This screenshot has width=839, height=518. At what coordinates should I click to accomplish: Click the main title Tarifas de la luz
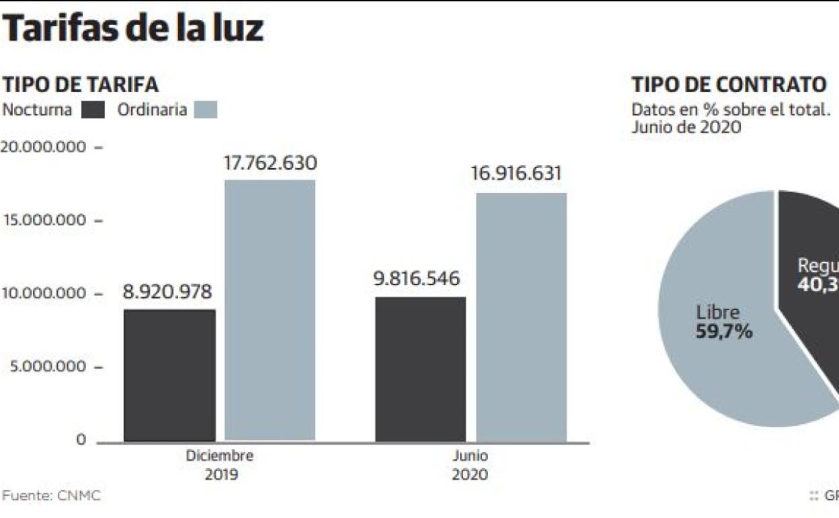click(133, 29)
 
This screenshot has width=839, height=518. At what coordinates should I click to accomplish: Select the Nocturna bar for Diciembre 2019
click(170, 375)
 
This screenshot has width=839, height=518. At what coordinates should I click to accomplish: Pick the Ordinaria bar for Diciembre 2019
click(270, 311)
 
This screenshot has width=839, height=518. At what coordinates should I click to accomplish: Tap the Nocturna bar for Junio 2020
click(420, 369)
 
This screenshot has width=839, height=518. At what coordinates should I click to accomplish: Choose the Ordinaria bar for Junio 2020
click(522, 318)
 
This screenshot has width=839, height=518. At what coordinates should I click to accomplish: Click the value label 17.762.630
click(270, 163)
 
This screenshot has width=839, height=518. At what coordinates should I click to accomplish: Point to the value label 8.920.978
click(167, 293)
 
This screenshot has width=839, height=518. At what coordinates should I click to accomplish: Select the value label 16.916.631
click(516, 174)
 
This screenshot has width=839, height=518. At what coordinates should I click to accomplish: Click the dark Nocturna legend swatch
click(93, 110)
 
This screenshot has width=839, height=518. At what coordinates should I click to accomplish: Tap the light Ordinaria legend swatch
click(206, 110)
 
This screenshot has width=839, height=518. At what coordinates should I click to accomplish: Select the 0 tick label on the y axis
click(81, 440)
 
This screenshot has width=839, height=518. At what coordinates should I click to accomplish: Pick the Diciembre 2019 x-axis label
click(220, 465)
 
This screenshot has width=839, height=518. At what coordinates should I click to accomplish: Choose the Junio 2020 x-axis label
click(470, 465)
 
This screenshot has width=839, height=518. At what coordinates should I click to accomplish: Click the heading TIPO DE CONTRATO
click(729, 85)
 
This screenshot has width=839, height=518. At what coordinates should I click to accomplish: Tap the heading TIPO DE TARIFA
click(80, 85)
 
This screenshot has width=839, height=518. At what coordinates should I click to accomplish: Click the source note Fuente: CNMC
click(51, 496)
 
